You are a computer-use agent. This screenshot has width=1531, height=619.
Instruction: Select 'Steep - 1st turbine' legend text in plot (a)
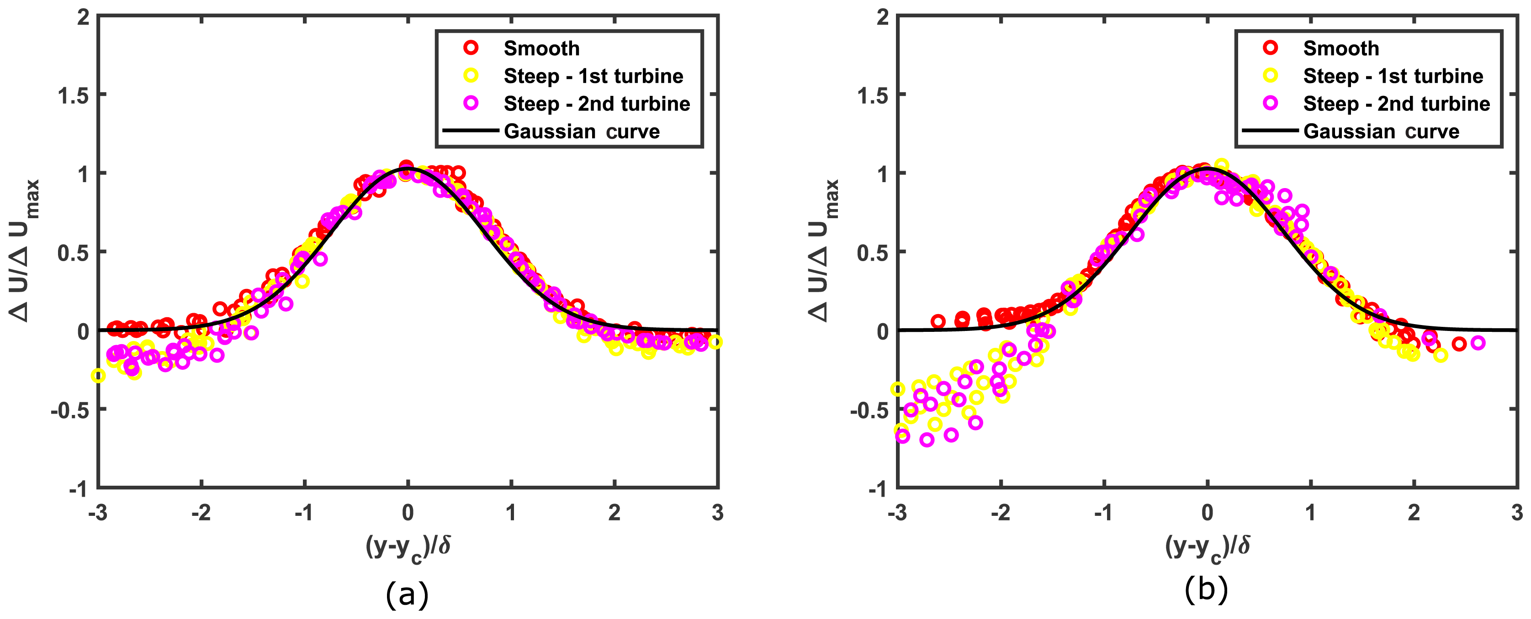(593, 76)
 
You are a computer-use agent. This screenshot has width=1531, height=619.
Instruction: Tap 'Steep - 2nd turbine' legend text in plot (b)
(1396, 104)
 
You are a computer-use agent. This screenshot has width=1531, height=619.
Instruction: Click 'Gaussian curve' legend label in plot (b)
(1381, 131)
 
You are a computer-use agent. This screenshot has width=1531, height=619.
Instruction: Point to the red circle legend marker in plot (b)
(1270, 47)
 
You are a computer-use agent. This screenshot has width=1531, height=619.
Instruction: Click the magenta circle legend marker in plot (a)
(471, 103)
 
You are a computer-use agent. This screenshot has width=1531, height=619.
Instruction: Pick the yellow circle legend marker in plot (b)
(1270, 75)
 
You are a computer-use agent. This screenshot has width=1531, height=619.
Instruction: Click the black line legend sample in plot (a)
(470, 131)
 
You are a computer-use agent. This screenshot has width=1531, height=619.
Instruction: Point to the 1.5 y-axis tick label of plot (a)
(74, 95)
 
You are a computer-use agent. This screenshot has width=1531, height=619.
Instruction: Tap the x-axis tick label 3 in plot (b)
(1517, 513)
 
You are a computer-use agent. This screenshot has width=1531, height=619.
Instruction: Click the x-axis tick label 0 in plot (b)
(1207, 513)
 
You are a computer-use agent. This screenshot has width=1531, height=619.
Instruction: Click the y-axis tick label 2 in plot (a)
(83, 17)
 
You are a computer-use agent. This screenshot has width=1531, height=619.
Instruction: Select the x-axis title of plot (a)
(408, 547)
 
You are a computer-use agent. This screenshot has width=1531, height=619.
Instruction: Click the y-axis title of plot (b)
(823, 251)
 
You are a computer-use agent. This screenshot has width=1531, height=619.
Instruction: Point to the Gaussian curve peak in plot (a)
(408, 169)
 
